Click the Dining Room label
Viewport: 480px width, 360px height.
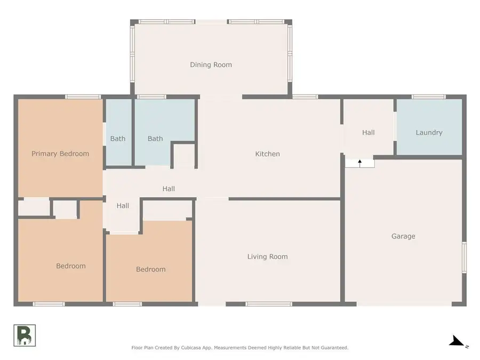(x=211, y=65)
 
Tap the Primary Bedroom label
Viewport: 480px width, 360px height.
(x=60, y=154)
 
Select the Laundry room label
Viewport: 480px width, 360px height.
(x=429, y=132)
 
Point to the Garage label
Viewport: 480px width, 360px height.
(x=403, y=236)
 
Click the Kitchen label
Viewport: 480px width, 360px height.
(x=267, y=154)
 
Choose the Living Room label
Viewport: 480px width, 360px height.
(x=267, y=257)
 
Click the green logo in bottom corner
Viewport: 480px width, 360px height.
(x=25, y=334)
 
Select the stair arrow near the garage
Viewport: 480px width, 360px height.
(x=359, y=162)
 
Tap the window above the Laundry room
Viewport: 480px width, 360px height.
(x=428, y=97)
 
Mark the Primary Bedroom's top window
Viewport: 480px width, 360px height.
(x=83, y=97)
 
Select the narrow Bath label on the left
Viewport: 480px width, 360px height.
(x=118, y=139)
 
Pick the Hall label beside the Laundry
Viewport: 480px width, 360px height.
(x=368, y=132)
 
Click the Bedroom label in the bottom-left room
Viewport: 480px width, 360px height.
(x=71, y=266)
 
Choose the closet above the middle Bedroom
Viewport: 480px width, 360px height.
(x=167, y=210)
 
